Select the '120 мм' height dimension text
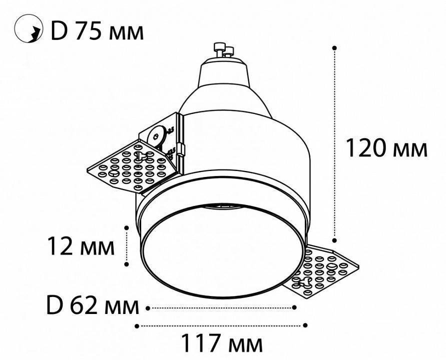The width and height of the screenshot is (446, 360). click(387, 148)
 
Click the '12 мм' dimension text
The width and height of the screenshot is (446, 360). click(80, 246)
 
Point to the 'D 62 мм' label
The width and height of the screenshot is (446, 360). click(92, 306)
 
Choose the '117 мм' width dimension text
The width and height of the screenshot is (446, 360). click(221, 343)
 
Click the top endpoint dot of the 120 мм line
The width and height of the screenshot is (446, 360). click(334, 48)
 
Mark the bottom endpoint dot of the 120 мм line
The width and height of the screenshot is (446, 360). click(334, 238)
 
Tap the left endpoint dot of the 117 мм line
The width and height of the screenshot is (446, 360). click(137, 325)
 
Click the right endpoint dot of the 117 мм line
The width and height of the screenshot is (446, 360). click(305, 325)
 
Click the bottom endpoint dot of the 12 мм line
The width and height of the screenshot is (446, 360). click(128, 264)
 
